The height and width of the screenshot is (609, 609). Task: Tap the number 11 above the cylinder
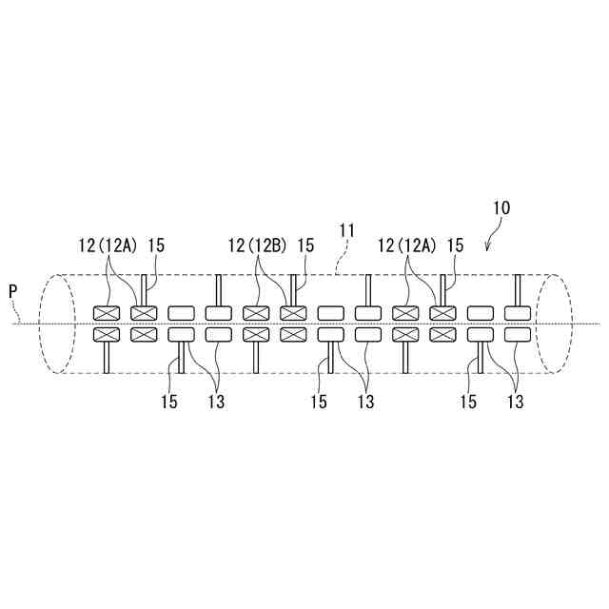point(348,229)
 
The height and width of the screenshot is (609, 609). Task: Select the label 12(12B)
point(257,246)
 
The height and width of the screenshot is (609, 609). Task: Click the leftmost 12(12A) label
point(108,246)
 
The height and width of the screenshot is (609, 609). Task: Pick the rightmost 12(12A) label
point(406,246)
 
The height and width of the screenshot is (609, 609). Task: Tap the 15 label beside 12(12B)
point(306,246)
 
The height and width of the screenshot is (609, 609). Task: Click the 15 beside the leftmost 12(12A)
point(157,246)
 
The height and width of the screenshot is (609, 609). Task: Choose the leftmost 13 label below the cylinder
point(215,402)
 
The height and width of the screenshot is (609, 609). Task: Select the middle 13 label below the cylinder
point(364,402)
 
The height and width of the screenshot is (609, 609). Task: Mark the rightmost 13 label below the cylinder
point(515,402)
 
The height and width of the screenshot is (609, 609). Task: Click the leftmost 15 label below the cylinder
point(167,402)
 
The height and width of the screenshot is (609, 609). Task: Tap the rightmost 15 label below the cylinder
point(467,402)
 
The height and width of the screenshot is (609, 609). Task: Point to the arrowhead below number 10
point(487,250)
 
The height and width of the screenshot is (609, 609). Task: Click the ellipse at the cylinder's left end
point(54,324)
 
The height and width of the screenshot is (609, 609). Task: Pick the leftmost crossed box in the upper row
point(106,313)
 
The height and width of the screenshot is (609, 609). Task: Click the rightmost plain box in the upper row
point(518,313)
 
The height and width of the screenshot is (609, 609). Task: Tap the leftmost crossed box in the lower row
point(106,334)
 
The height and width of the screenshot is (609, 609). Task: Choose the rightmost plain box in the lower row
point(518,334)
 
